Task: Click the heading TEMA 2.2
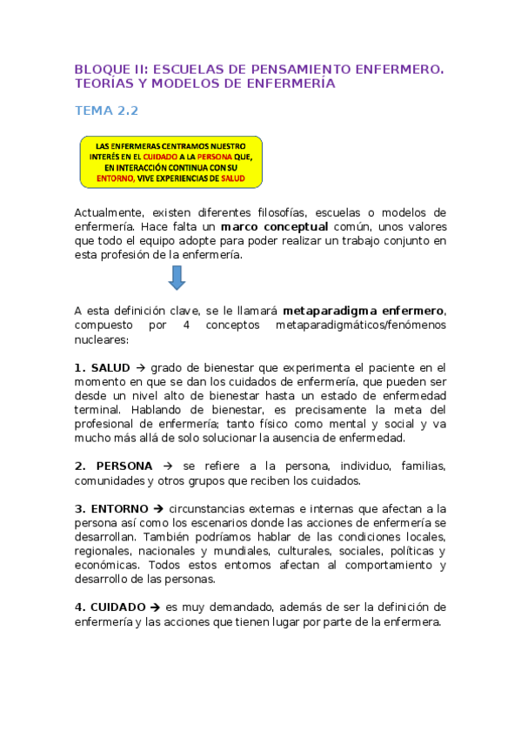point(106,111)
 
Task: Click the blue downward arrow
point(177,277)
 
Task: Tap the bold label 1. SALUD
point(102,368)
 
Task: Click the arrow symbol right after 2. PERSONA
point(167,466)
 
